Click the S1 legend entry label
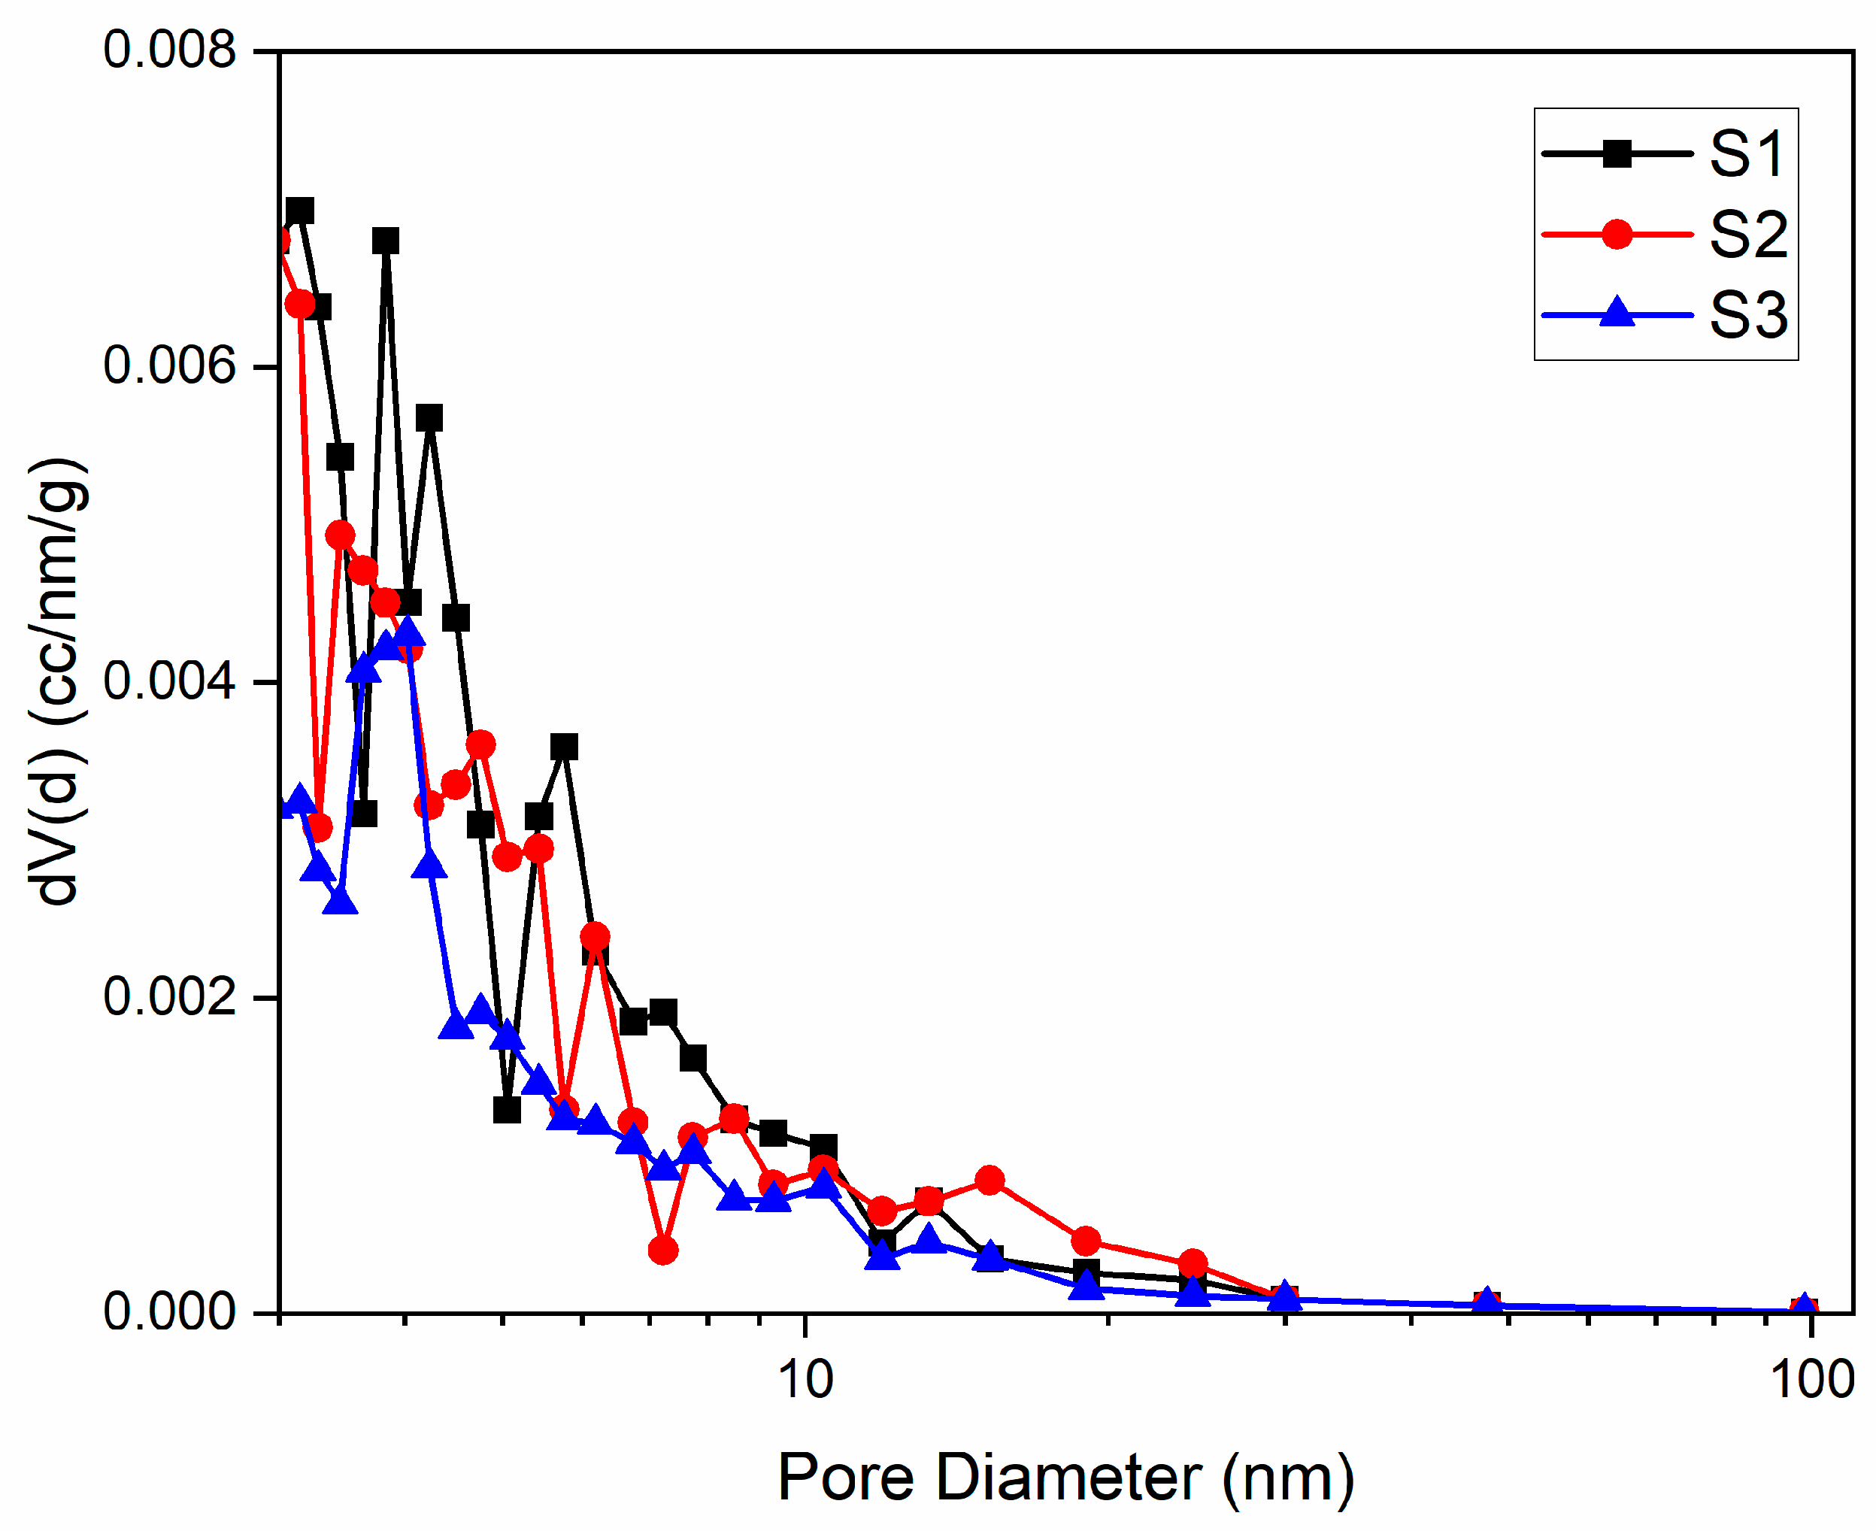(1747, 154)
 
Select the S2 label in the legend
(1747, 235)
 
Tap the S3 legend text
(1747, 315)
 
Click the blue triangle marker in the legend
(1617, 313)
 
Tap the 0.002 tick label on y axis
(169, 996)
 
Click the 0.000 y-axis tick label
(169, 1312)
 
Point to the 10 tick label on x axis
(805, 1380)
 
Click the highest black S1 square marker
(300, 211)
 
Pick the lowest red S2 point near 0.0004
(662, 1250)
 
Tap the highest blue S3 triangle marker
(408, 632)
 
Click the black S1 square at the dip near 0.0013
(506, 1109)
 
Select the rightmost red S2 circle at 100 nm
(1805, 1311)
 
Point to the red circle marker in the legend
(1617, 235)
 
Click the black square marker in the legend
(1617, 154)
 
